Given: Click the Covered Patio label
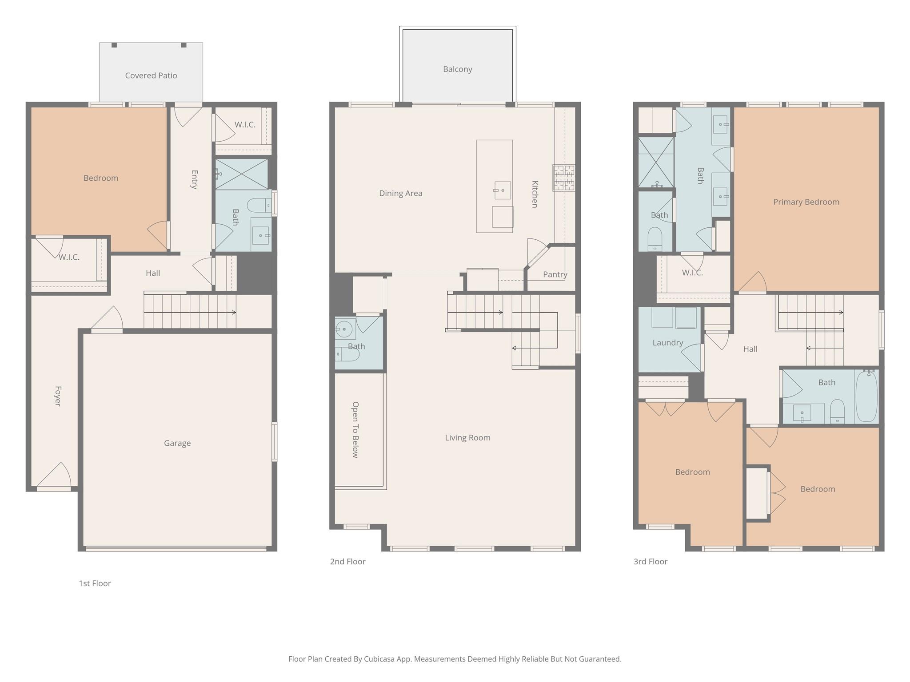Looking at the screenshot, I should click(151, 75).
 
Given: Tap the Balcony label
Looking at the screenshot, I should click(457, 69).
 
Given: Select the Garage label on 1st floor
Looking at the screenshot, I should click(177, 443).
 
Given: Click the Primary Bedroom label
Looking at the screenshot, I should click(806, 202).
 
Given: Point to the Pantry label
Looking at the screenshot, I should click(555, 274).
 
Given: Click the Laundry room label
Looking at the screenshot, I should click(667, 343).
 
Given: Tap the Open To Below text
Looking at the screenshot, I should click(355, 429).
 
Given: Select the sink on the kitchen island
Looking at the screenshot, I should click(503, 190).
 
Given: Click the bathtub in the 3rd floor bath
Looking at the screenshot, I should click(866, 397).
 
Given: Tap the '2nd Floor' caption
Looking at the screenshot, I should click(347, 562).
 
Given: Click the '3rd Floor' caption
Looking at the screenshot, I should click(650, 562).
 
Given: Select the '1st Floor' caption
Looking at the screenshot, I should click(95, 583).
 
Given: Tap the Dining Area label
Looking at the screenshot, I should click(400, 194).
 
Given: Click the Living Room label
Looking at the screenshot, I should click(467, 438).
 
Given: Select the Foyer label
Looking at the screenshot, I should click(58, 396).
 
